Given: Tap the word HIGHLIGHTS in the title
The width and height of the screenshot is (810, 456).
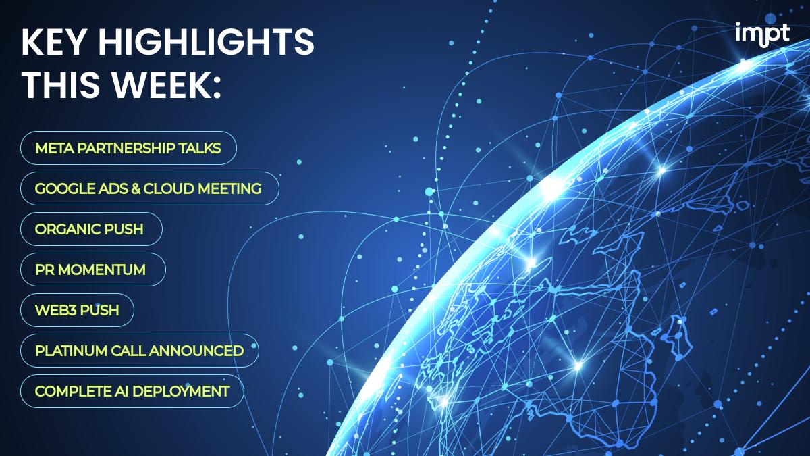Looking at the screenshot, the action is coord(206,42).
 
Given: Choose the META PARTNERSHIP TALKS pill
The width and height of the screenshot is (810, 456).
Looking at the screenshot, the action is coord(128,148).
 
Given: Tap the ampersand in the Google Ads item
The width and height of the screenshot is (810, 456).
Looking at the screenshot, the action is coord(136,188).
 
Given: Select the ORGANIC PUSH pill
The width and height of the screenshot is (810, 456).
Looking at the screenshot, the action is coord(91,229).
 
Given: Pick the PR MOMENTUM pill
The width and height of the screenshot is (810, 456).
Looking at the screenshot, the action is coord(93,270).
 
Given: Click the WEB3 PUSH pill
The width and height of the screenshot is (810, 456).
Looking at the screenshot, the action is coord(77,310).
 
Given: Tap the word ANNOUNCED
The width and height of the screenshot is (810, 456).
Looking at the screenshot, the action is coord(196,351).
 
